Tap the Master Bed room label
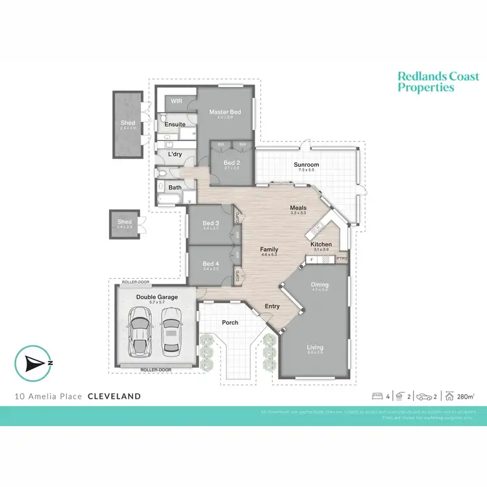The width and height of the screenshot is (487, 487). click(x=225, y=112)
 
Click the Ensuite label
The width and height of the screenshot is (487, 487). click(x=175, y=124)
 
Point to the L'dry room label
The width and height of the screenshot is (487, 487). click(x=175, y=155)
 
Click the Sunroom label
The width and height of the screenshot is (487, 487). click(x=306, y=165)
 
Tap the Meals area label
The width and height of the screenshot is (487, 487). click(x=298, y=208)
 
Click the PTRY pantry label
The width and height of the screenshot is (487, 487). click(x=342, y=259)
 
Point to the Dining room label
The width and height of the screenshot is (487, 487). click(x=319, y=284)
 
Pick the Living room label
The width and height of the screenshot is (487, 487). click(x=315, y=347)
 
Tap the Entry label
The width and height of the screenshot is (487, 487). click(x=272, y=306)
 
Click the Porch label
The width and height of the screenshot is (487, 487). click(x=230, y=322)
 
